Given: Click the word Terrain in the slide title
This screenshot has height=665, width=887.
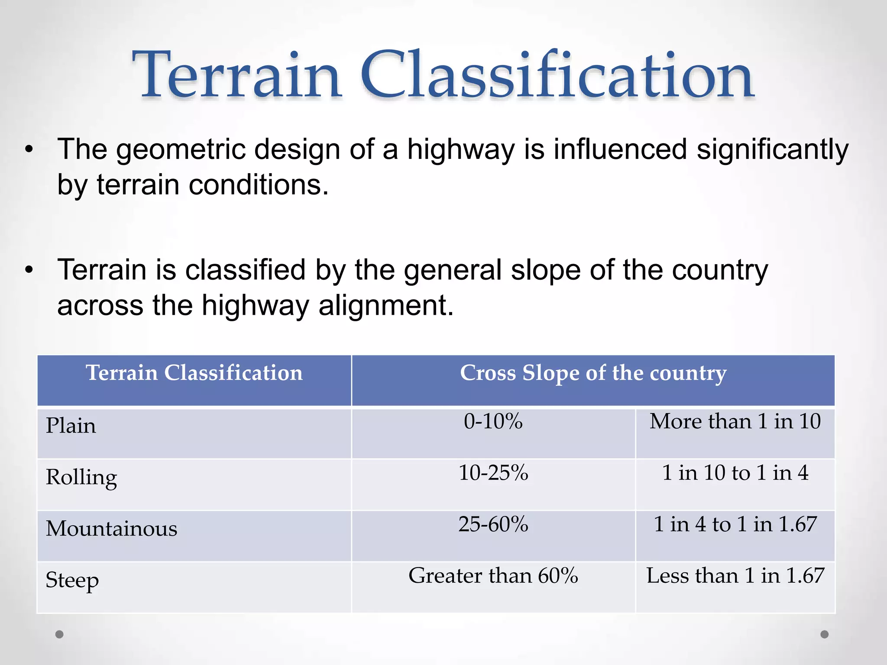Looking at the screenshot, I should coord(237,76).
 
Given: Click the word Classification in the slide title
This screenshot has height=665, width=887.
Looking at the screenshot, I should coord(557,76).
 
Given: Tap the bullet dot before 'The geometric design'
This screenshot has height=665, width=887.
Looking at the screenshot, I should coord(29,150).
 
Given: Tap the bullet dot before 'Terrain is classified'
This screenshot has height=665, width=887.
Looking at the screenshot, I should coord(29,271).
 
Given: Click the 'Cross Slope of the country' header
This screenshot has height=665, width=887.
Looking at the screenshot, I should coord(593,373).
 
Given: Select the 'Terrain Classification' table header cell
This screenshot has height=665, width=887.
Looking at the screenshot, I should coord(194,373).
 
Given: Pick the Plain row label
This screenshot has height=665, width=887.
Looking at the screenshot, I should coord(71,426).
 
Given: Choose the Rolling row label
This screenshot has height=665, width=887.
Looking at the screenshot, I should coord(81,478).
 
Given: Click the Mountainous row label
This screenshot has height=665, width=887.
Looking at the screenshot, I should coord(112,529).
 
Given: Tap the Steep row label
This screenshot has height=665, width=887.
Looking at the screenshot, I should coord(72,581).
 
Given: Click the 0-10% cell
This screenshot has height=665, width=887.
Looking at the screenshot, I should coord(493,421).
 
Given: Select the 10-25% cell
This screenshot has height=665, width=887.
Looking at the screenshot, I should coord(493,473).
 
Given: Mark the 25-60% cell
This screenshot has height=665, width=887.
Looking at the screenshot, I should coord(493,524).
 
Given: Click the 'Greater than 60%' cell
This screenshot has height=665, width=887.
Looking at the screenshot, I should coord(493,576).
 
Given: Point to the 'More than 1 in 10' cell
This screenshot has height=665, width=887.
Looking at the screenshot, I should coord(735,421).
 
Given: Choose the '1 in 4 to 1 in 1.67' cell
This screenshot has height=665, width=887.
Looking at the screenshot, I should coord(735,524).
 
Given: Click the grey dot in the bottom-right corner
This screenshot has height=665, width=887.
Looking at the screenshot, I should coord(825,634).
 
